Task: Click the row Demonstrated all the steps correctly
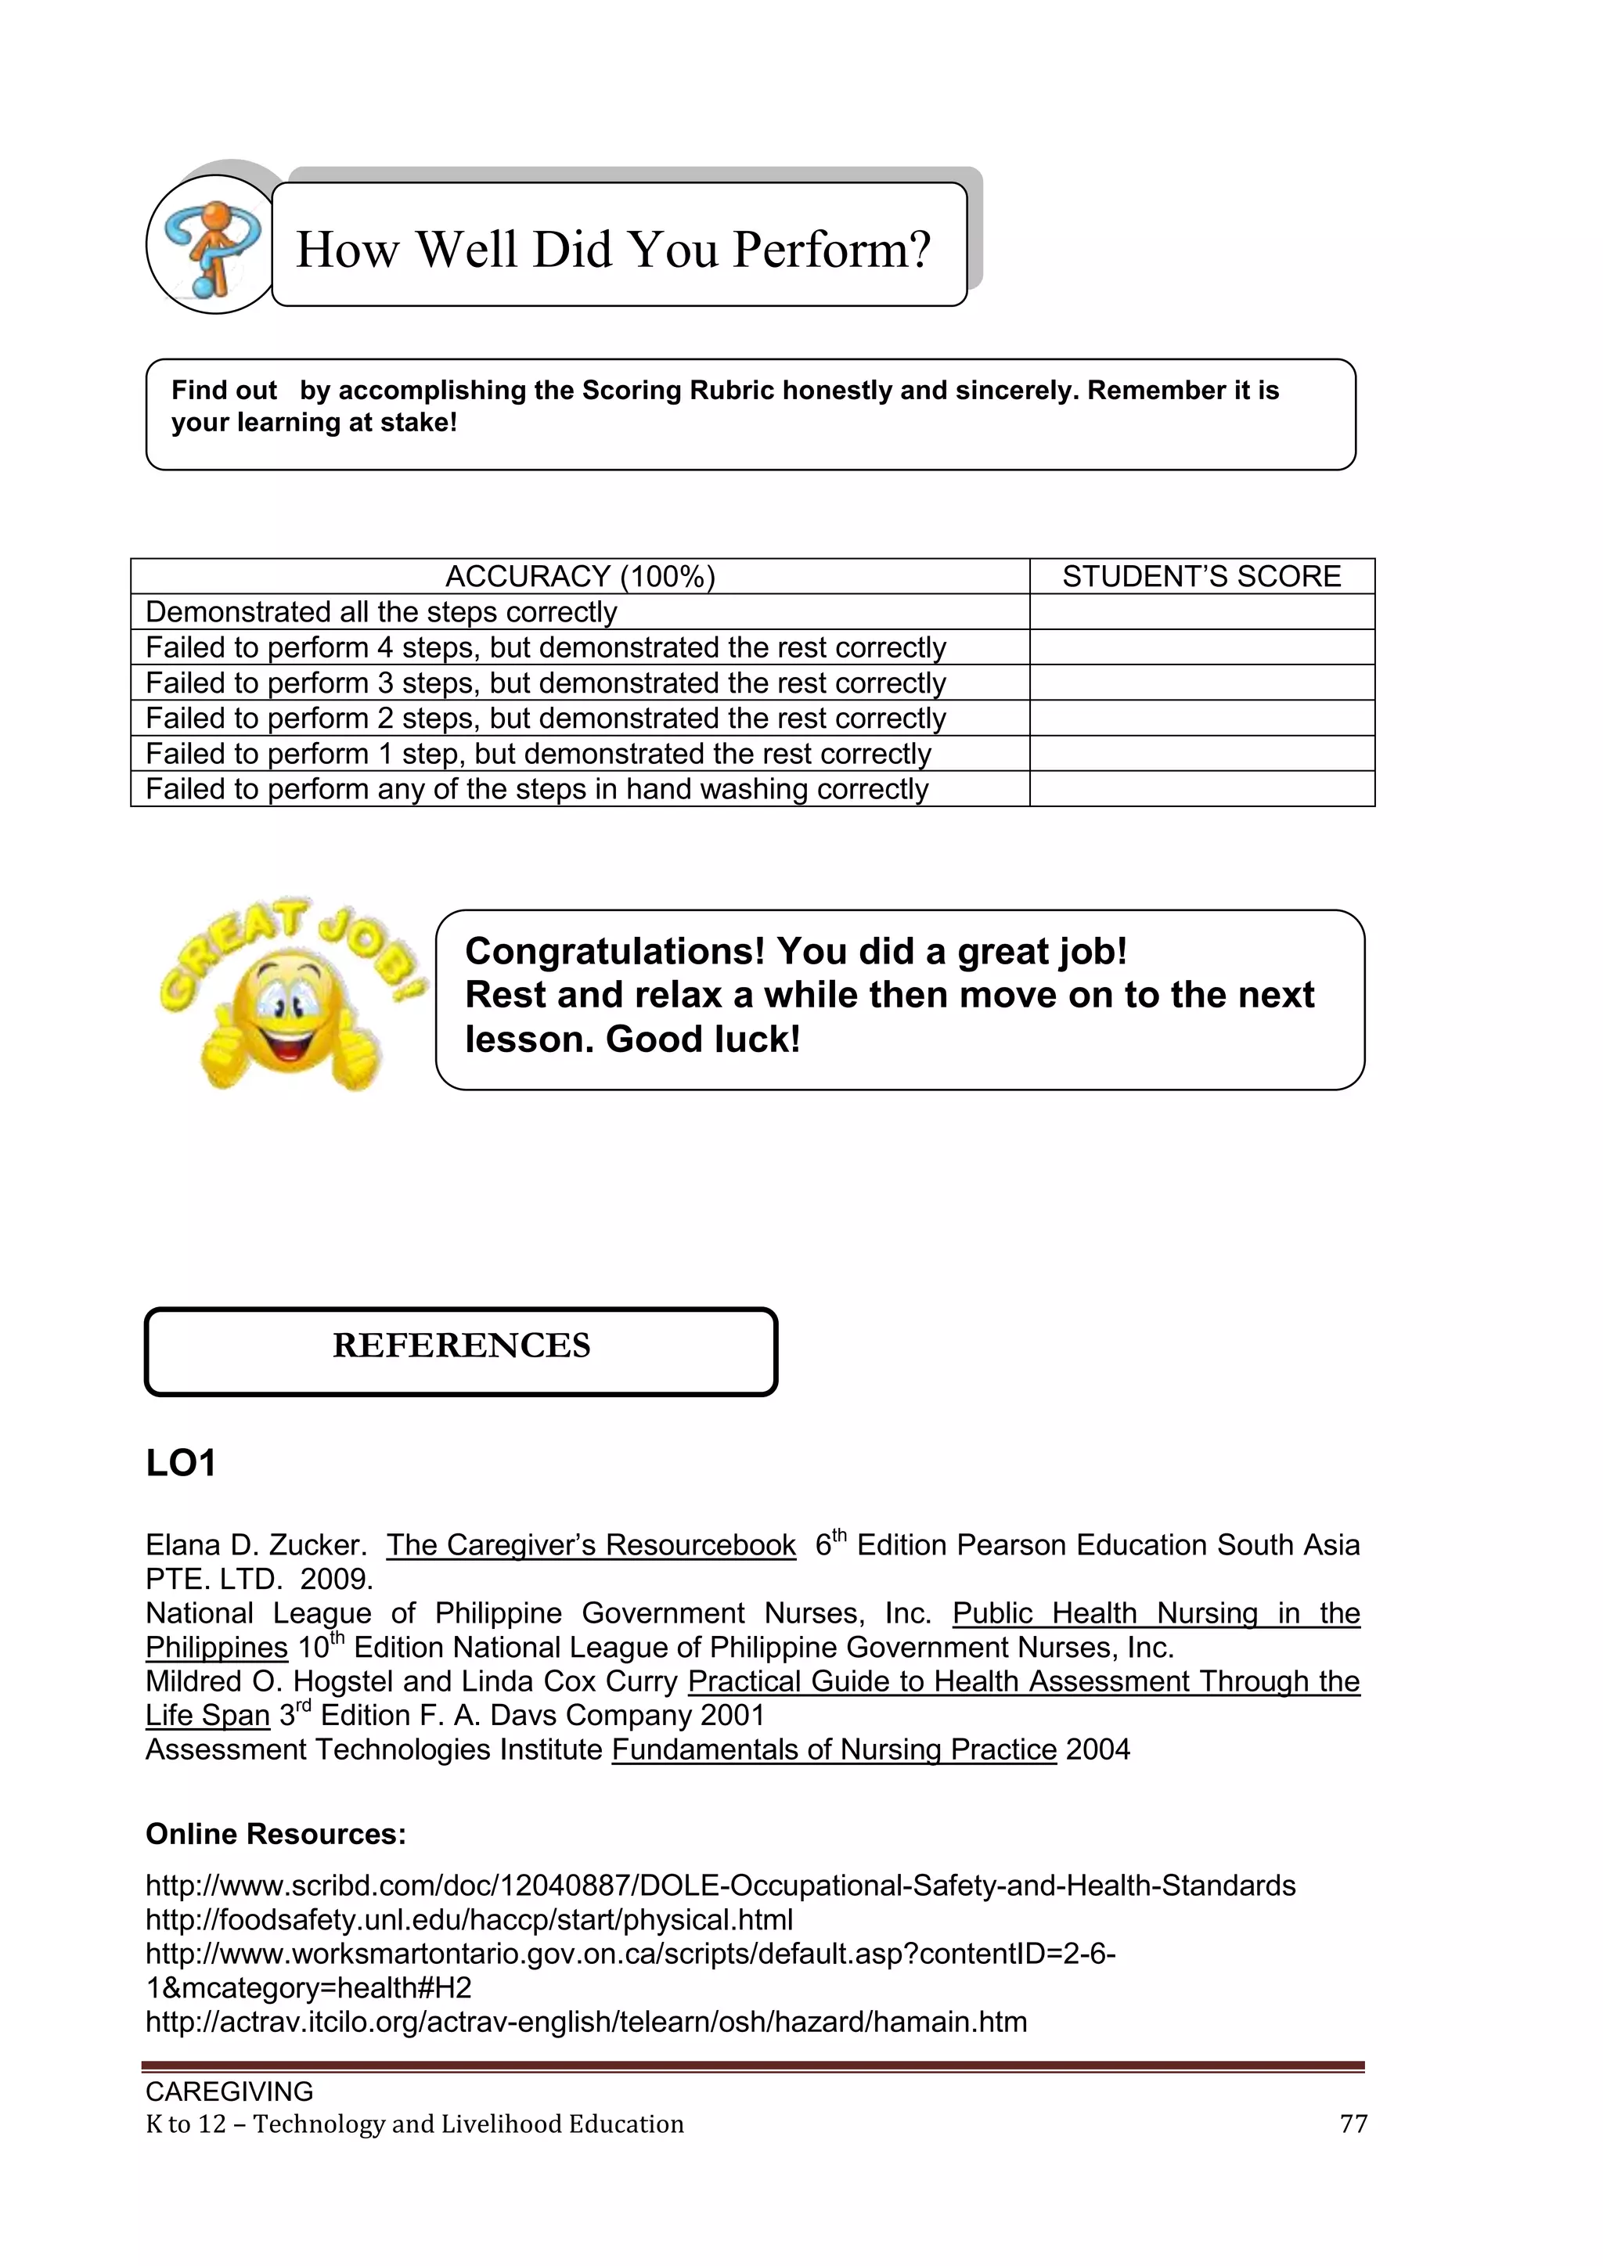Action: point(381,612)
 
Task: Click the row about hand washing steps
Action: point(537,790)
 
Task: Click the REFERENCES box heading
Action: point(461,1346)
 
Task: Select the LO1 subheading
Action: point(181,1463)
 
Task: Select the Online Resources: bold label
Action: point(276,1835)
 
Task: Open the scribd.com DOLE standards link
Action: point(719,1886)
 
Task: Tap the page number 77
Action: point(1353,2124)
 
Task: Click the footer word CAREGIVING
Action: point(229,2091)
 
